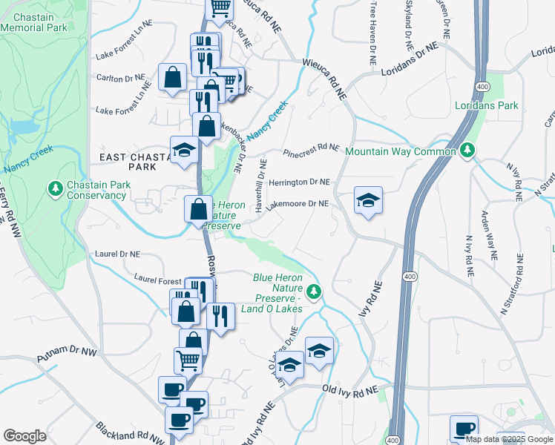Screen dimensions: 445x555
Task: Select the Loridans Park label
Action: (486, 105)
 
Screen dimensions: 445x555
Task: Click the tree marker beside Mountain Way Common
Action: (467, 151)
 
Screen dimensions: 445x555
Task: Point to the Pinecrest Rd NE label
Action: (310, 149)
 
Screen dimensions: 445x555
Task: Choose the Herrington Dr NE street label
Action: (299, 182)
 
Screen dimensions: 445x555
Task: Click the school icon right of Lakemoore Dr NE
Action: (368, 201)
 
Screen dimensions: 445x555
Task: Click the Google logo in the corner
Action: (25, 436)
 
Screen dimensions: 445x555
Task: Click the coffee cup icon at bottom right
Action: (464, 429)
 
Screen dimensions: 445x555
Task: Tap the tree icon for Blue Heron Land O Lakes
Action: (315, 291)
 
